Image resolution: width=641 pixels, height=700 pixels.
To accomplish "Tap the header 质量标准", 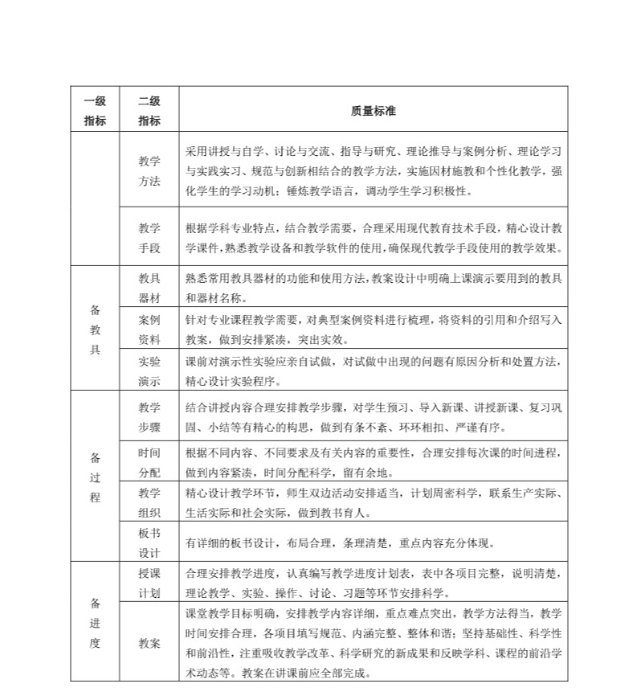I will pyautogui.click(x=373, y=111).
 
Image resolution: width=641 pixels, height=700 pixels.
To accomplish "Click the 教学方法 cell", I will pyautogui.click(x=149, y=170).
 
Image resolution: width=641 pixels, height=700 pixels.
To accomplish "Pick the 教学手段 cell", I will pyautogui.click(x=149, y=237).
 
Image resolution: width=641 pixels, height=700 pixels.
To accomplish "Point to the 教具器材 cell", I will pyautogui.click(x=149, y=287).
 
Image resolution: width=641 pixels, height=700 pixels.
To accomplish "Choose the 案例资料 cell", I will pyautogui.click(x=149, y=329).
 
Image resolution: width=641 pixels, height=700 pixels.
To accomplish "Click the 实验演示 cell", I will pyautogui.click(x=149, y=370).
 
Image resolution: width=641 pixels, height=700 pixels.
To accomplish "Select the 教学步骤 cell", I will pyautogui.click(x=149, y=416).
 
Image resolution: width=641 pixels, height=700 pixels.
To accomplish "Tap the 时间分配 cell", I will pyautogui.click(x=149, y=462).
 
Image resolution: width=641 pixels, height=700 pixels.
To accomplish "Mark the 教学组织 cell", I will pyautogui.click(x=149, y=502).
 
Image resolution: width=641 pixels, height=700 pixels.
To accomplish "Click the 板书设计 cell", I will pyautogui.click(x=149, y=542).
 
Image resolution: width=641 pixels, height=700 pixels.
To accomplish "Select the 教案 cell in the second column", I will pyautogui.click(x=149, y=643).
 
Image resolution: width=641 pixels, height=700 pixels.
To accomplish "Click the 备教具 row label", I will pyautogui.click(x=95, y=329).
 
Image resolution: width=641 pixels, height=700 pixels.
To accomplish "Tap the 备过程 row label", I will pyautogui.click(x=95, y=477).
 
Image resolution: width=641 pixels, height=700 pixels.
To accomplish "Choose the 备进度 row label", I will pyautogui.click(x=95, y=622).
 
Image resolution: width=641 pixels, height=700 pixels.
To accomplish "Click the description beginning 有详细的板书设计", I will pyautogui.click(x=340, y=542).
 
